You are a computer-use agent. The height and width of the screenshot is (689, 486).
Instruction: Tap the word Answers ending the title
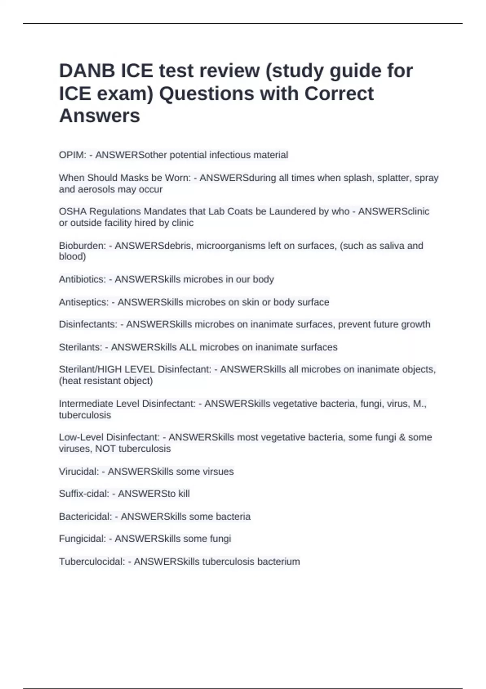(100, 116)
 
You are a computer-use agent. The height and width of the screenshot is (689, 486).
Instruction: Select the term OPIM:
(72, 155)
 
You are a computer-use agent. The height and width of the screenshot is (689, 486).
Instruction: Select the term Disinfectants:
(88, 324)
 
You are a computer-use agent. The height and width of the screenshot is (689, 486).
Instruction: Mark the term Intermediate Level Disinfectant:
(127, 404)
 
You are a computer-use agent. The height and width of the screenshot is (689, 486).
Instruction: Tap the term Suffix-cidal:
(84, 494)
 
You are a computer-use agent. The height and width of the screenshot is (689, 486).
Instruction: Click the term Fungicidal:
(82, 539)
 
